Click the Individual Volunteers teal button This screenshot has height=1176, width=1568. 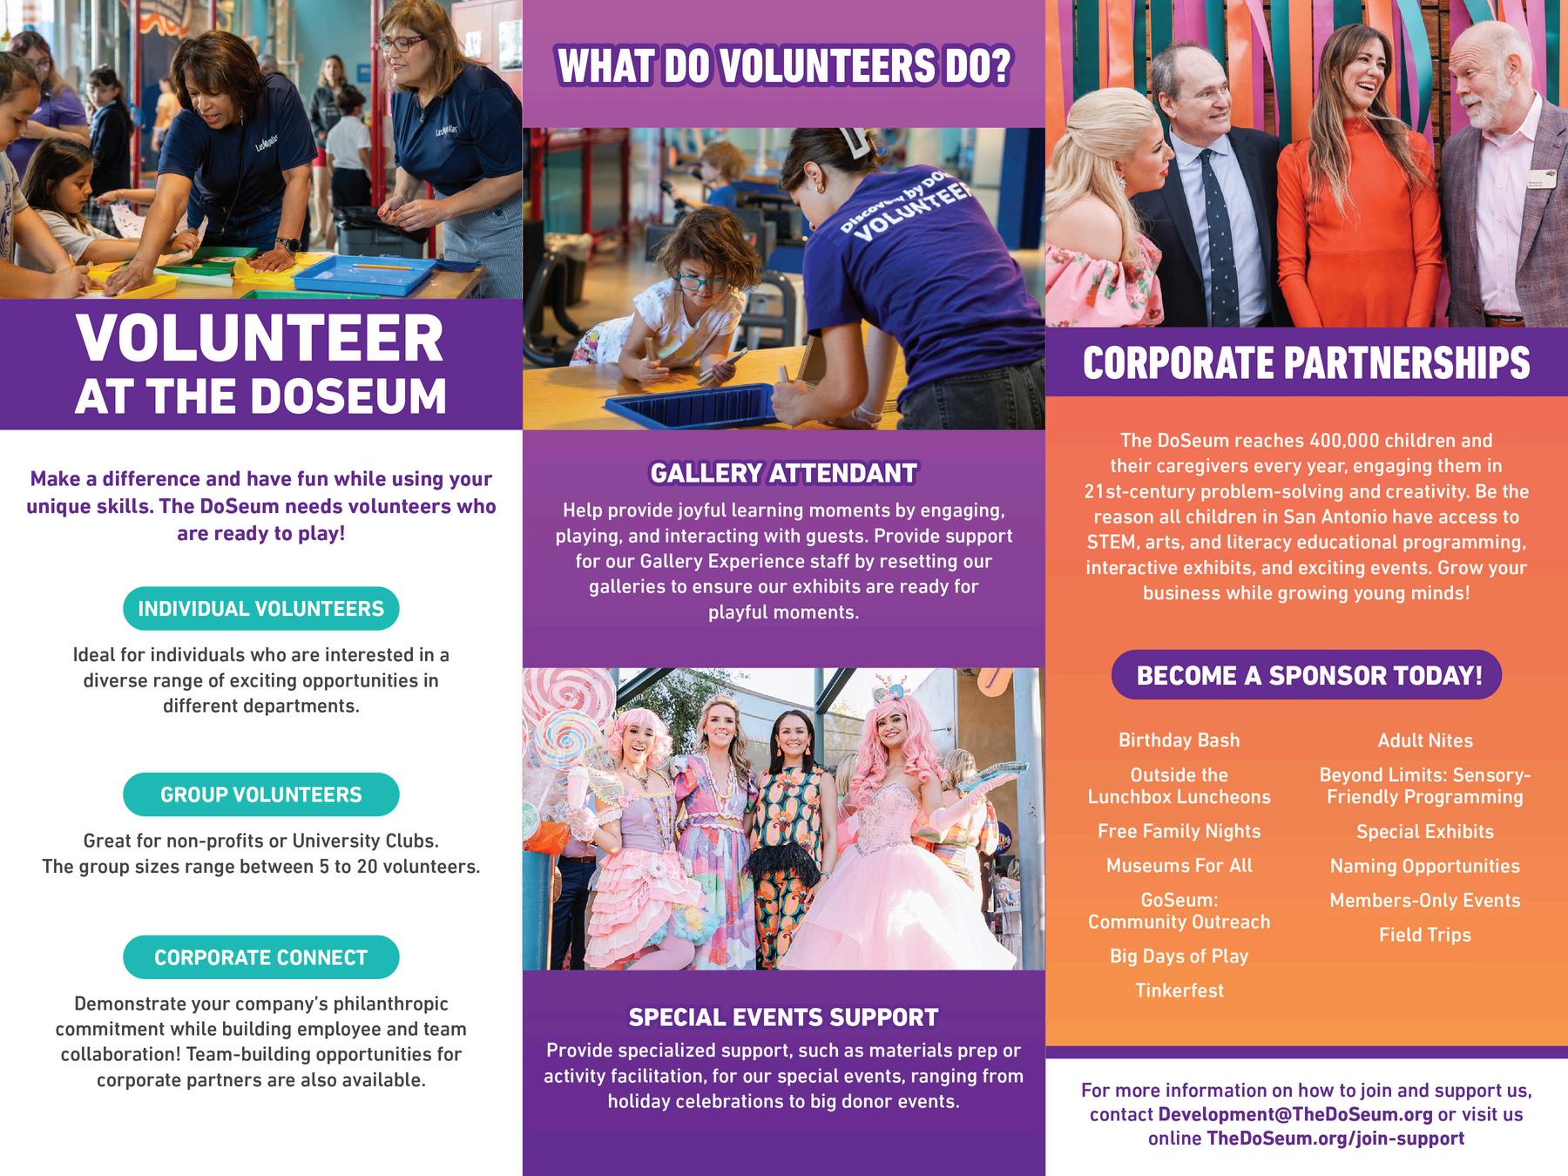260,608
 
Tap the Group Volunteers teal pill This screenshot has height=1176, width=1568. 260,794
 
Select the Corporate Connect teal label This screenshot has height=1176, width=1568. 260,957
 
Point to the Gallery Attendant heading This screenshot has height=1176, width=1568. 783,473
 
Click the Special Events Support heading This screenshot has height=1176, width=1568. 783,1017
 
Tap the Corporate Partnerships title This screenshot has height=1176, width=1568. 1306,363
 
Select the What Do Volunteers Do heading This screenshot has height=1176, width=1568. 783,67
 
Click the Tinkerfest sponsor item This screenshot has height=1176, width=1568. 1179,990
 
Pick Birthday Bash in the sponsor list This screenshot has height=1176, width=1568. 1179,740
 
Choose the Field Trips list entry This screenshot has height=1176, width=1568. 1424,935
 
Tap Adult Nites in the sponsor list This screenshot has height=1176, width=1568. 1424,740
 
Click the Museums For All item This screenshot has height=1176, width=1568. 1179,866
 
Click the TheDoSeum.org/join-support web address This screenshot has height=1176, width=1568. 1335,1139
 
